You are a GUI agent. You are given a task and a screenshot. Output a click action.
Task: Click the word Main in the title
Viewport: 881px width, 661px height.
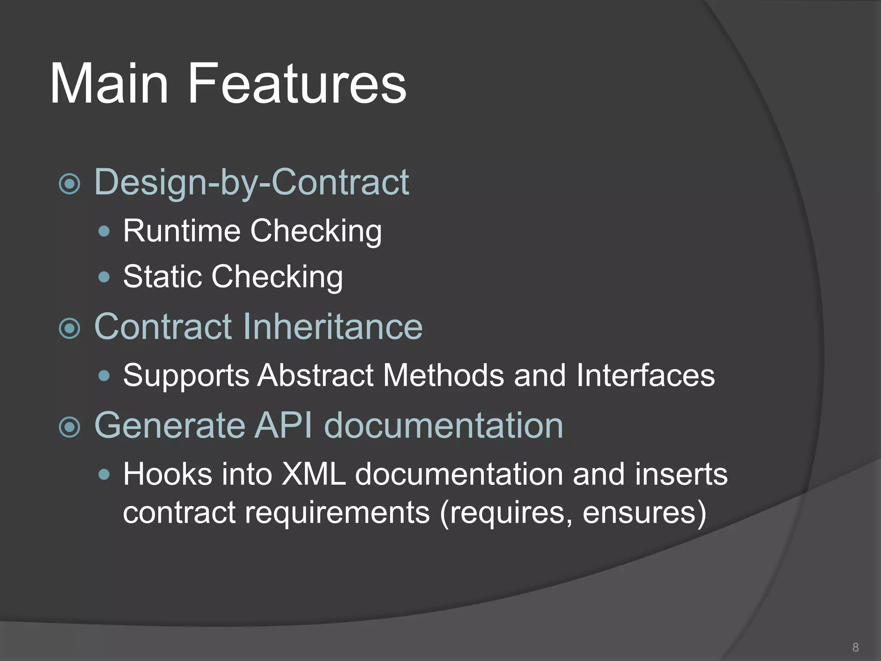[109, 84]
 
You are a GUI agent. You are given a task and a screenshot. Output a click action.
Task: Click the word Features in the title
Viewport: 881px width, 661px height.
[296, 84]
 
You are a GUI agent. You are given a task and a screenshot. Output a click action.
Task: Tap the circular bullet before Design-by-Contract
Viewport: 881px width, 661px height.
[69, 184]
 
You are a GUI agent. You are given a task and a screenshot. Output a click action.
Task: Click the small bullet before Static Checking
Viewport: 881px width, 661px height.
[104, 277]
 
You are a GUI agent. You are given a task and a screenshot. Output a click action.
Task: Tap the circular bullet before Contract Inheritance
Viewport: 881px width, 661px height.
[69, 329]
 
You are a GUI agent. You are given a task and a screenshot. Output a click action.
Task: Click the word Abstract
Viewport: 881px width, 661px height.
[315, 375]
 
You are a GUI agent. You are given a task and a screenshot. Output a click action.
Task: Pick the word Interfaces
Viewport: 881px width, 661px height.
[645, 375]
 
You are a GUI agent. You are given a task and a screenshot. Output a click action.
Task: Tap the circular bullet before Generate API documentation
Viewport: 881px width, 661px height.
[69, 427]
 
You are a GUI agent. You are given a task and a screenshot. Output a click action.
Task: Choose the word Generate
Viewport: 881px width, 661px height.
[169, 426]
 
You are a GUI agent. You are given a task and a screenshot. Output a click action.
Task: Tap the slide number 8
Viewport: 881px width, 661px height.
[855, 647]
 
